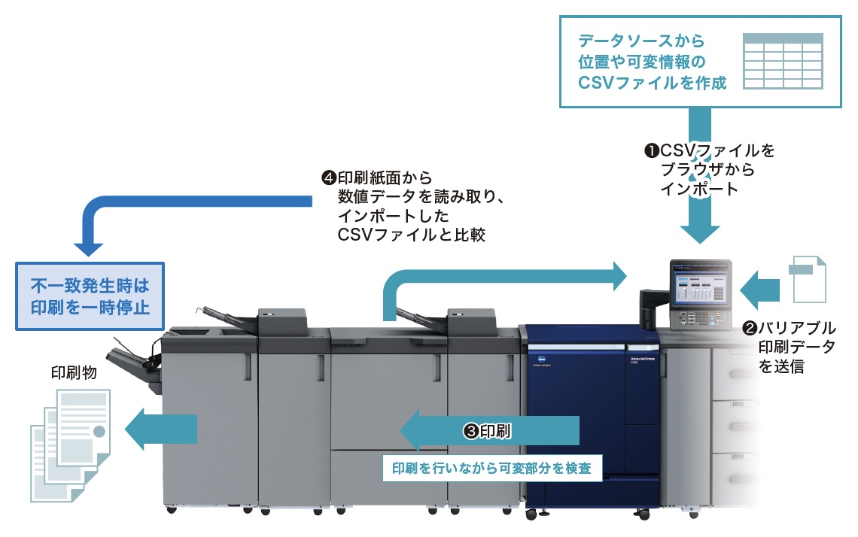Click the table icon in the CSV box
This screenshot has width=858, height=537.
click(782, 60)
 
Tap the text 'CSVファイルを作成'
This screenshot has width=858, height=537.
click(653, 83)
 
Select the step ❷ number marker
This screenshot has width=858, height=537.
click(750, 329)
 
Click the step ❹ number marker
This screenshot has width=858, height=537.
click(328, 178)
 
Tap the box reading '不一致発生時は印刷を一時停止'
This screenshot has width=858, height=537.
click(90, 296)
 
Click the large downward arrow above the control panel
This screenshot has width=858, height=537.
click(698, 218)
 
